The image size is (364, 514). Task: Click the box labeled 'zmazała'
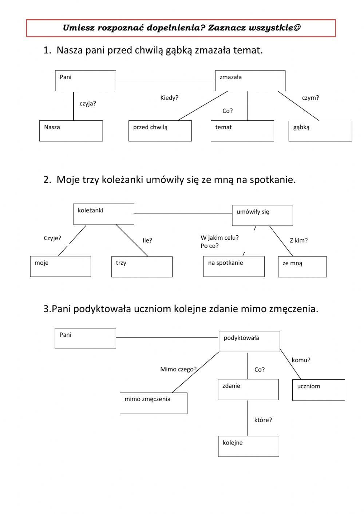[x=250, y=81]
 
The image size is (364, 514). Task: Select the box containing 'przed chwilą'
[x=160, y=131]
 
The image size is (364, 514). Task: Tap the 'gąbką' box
[x=320, y=131]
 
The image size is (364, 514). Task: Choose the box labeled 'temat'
[x=242, y=131]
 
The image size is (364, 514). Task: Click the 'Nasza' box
[x=71, y=131]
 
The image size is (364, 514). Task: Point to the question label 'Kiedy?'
[x=169, y=98]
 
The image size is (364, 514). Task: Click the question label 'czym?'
[x=310, y=98]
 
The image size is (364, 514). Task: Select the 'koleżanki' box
[x=103, y=214]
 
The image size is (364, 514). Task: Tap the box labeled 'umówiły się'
[x=262, y=215]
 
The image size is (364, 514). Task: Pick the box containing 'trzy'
[x=142, y=267]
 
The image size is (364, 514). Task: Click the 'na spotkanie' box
[x=234, y=266]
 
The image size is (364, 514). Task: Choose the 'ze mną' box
[x=302, y=267]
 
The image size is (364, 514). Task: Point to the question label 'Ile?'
[x=147, y=240]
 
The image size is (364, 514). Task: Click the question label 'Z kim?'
[x=298, y=240]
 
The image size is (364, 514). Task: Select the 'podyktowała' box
[x=249, y=341]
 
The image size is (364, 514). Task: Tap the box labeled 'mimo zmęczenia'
[x=153, y=403]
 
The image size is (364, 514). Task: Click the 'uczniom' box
[x=318, y=390]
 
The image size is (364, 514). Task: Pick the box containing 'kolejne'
[x=248, y=446]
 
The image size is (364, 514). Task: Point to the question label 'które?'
[x=263, y=420]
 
